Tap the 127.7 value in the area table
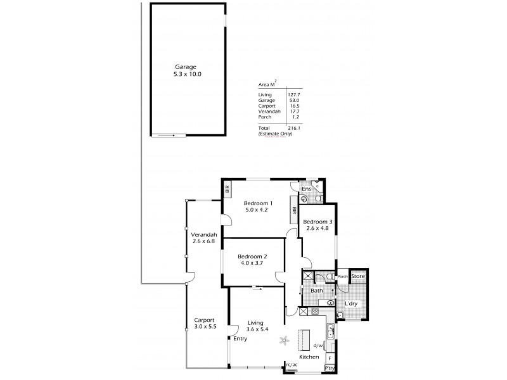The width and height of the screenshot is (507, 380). [293, 94]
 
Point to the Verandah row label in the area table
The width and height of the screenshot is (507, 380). [269, 111]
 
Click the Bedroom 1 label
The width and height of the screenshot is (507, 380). [259, 203]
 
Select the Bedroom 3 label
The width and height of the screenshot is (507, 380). [318, 222]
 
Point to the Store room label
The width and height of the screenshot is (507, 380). [358, 277]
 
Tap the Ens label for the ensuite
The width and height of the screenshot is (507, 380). [305, 189]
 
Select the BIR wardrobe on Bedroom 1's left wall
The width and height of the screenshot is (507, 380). [226, 188]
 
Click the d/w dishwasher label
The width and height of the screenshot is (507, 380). [319, 346]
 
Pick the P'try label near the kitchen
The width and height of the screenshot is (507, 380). [330, 368]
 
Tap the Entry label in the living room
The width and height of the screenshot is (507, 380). [240, 339]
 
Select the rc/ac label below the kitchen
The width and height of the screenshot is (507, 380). [292, 365]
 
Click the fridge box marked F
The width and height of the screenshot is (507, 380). [330, 358]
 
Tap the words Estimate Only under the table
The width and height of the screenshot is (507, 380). [274, 134]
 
